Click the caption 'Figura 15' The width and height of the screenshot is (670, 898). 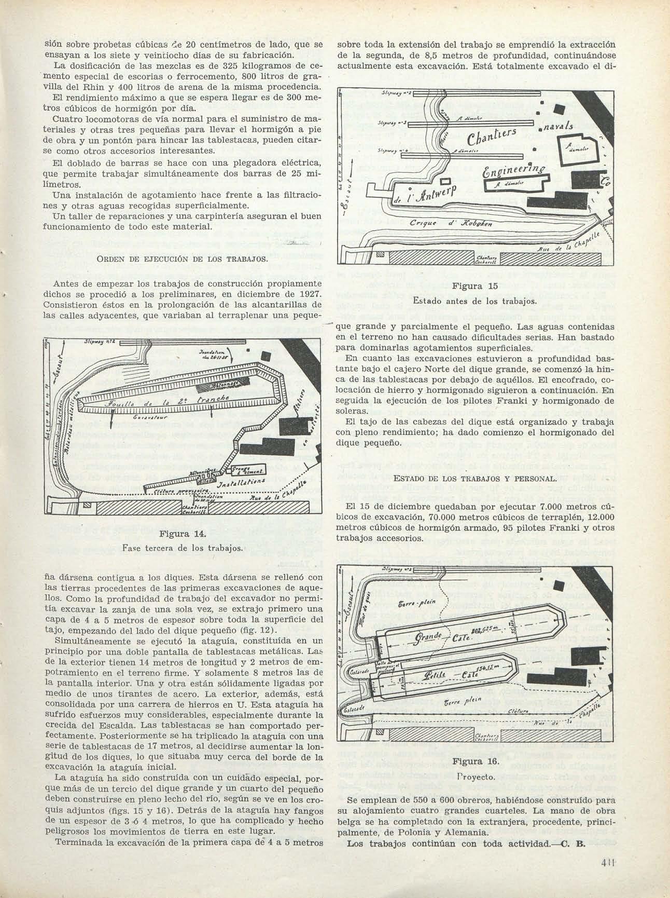point(475,286)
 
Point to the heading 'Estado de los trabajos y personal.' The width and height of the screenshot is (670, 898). point(475,478)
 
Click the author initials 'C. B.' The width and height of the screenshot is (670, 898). point(575,842)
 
